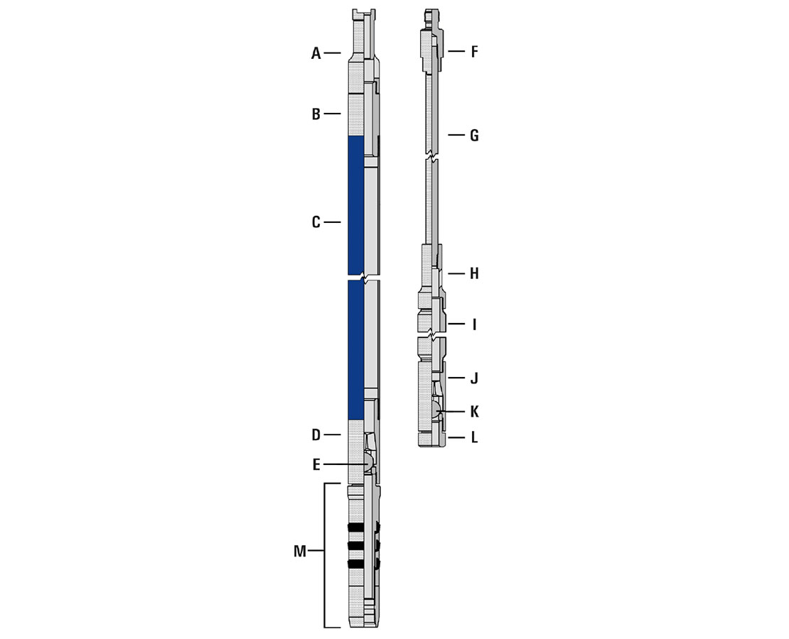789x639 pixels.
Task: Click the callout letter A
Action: (x=316, y=53)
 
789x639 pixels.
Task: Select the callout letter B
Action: (x=316, y=114)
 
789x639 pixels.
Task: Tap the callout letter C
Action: (x=316, y=222)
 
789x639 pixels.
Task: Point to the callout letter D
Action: (x=316, y=435)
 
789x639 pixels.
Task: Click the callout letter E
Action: (x=316, y=465)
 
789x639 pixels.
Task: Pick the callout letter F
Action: (x=475, y=52)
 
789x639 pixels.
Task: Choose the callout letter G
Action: (x=475, y=135)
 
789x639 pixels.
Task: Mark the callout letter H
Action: (x=475, y=273)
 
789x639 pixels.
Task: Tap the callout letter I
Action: (x=474, y=324)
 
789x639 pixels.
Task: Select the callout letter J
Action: (x=474, y=378)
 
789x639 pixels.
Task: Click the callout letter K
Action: (x=475, y=411)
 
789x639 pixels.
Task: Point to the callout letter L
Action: (x=474, y=437)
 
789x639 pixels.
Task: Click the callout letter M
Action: (x=300, y=552)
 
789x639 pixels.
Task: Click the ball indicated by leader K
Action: (x=435, y=410)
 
